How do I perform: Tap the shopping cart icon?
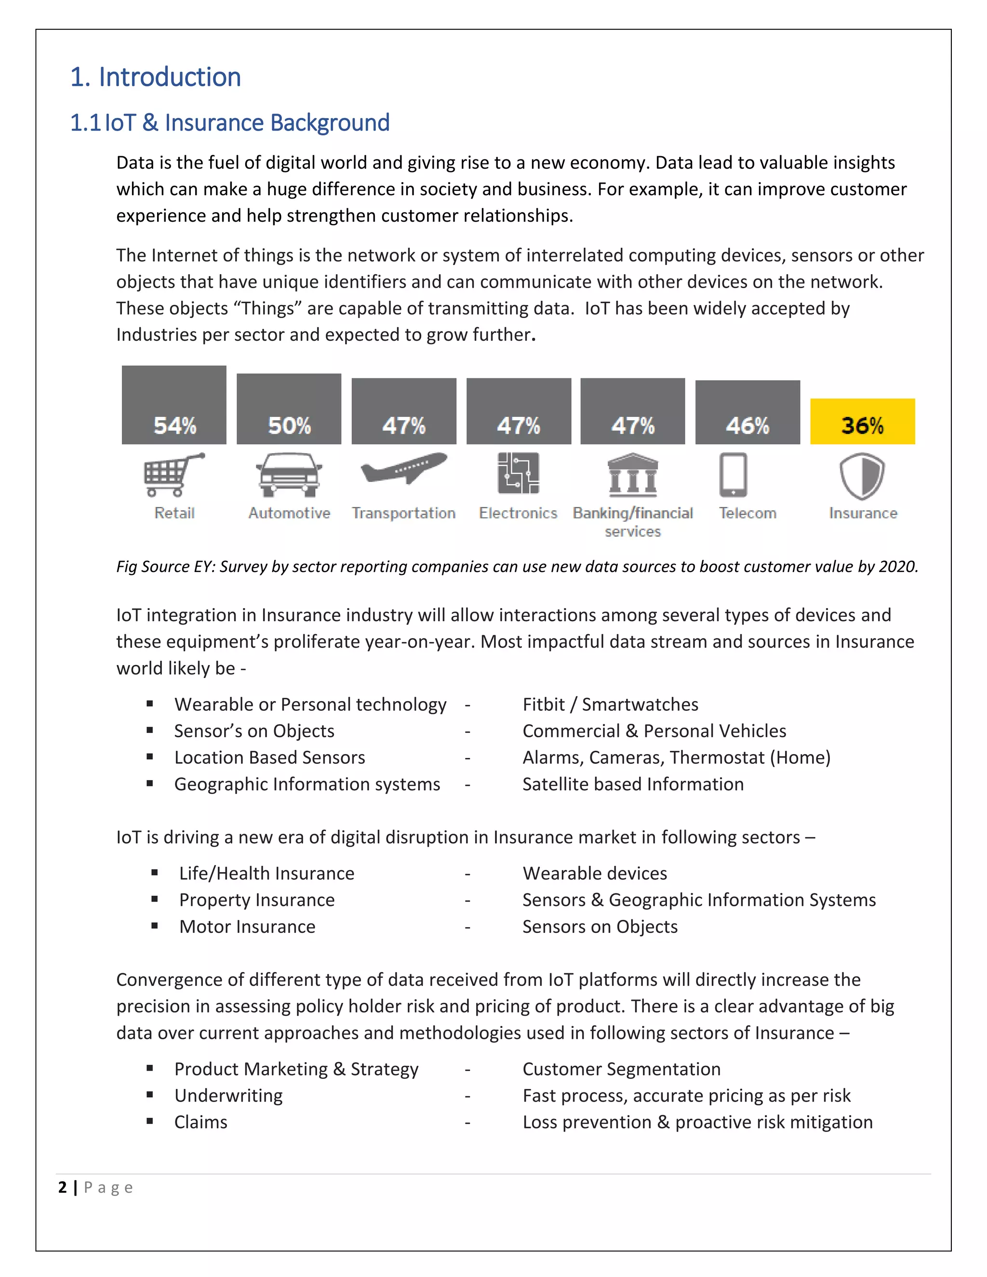click(173, 474)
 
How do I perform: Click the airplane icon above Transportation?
click(403, 468)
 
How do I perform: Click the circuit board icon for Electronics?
click(518, 473)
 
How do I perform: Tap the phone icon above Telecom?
click(733, 474)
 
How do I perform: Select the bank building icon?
click(633, 474)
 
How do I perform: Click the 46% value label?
click(747, 426)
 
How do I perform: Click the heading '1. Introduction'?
click(156, 77)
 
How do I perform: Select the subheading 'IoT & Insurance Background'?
click(247, 123)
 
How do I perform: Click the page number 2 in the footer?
click(63, 1187)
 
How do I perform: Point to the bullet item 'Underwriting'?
click(228, 1095)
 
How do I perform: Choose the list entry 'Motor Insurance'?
click(247, 926)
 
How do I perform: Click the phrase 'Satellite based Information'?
click(633, 784)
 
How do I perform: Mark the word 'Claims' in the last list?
click(200, 1121)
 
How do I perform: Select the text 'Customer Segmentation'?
click(621, 1068)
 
